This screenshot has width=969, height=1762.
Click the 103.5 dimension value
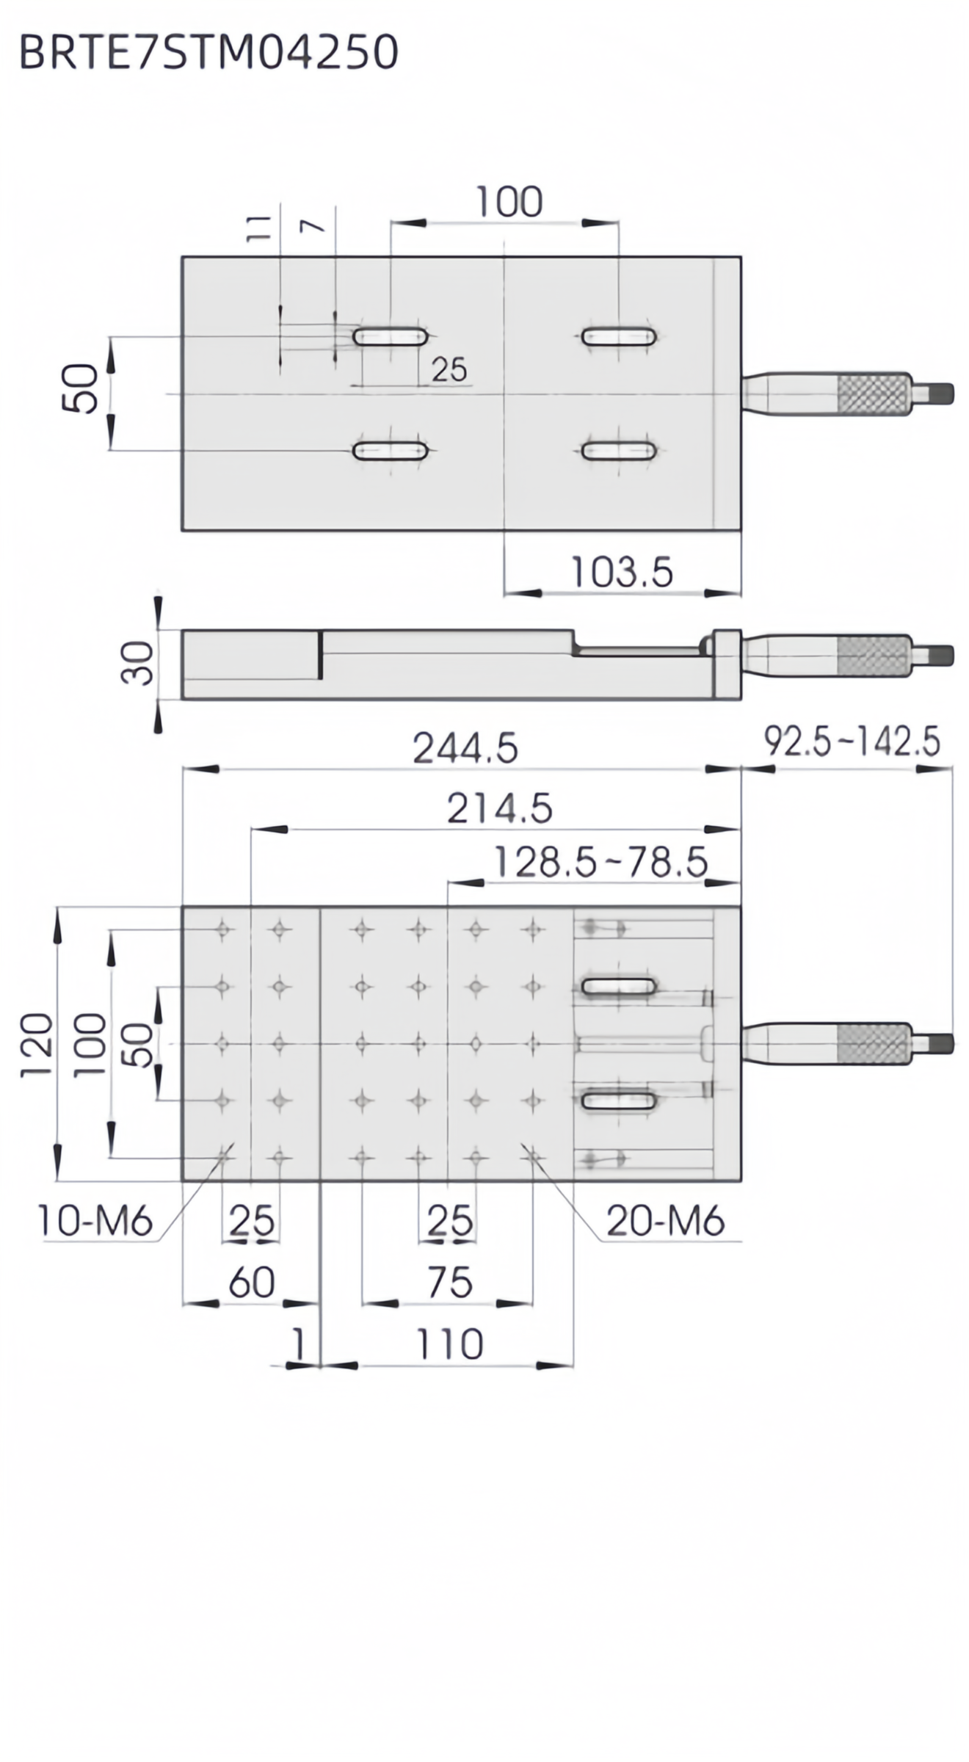tap(621, 573)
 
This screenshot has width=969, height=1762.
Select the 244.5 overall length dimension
tap(465, 749)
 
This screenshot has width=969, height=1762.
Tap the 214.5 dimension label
tap(499, 809)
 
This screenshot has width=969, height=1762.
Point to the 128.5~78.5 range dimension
tap(600, 863)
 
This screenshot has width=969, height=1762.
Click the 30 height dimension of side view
tap(138, 663)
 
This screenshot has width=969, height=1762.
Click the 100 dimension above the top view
tap(509, 202)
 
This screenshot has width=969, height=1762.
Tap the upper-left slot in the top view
tap(391, 337)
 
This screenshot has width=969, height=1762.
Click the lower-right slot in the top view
tap(619, 450)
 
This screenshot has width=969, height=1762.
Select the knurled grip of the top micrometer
tap(874, 394)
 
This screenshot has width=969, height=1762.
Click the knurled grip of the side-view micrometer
tap(874, 656)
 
